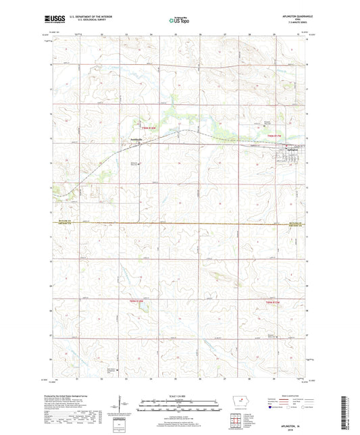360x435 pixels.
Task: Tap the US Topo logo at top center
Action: point(179,20)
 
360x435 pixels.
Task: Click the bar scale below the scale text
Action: point(179,407)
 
